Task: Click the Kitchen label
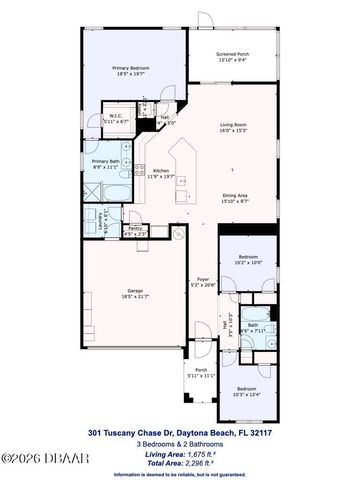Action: coord(160,170)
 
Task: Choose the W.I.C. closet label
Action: coord(116,115)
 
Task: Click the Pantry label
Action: coord(134,229)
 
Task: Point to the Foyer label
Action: coord(203,279)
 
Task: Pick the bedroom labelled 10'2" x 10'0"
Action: coord(247,259)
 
